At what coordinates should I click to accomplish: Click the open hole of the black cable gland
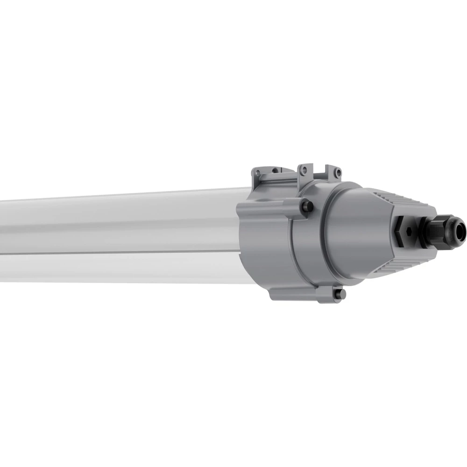462,229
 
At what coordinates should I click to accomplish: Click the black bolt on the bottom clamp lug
339,293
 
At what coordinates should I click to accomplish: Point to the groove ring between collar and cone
327,233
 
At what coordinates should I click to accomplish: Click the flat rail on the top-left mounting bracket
276,179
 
